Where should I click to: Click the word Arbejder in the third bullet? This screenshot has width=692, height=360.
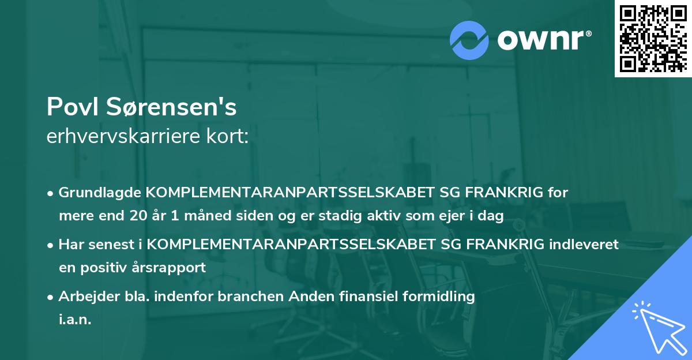point(84,297)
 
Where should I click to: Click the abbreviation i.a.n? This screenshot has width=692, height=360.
point(75,320)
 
